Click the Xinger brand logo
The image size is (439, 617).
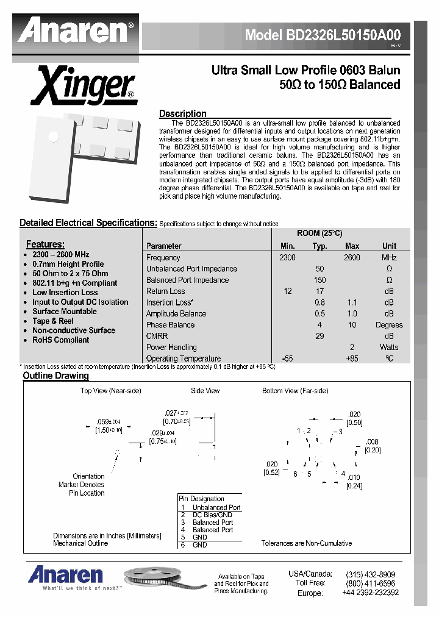[x=84, y=86]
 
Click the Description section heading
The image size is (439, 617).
[x=182, y=113]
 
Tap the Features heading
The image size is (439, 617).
[x=45, y=244]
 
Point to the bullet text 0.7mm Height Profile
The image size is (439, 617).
[x=68, y=264]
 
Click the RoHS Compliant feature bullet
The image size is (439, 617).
[x=60, y=340]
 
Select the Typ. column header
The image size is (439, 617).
[x=319, y=246]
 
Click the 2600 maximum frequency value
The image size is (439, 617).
[x=352, y=257]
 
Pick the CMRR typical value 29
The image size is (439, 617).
[x=319, y=336]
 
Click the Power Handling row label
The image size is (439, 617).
[x=171, y=347]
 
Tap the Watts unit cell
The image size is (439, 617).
[x=389, y=347]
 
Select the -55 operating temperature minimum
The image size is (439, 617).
[x=287, y=358]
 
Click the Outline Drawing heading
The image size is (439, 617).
[x=55, y=376]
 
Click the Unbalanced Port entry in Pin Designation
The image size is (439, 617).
[x=216, y=507]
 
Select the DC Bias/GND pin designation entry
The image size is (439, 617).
[x=212, y=515]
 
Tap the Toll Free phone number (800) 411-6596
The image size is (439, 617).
[x=370, y=583]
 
